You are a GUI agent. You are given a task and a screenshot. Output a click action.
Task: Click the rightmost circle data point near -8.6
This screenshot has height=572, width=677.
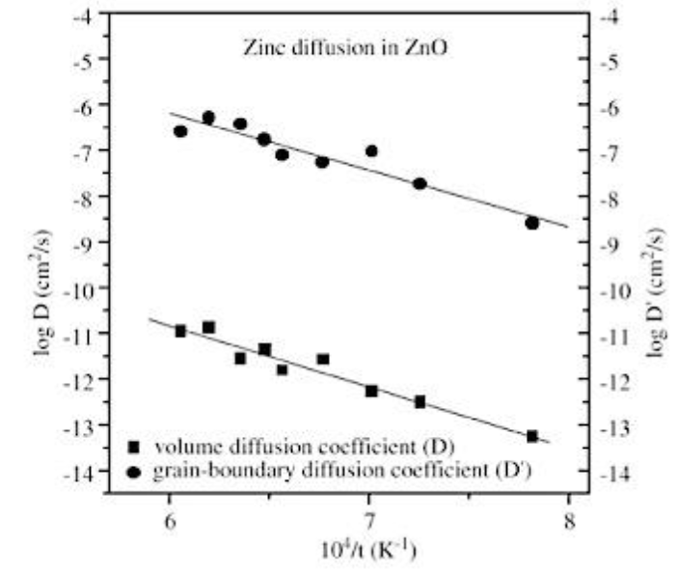point(532,223)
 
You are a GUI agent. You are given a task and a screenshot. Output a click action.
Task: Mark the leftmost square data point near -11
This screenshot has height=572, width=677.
point(180,331)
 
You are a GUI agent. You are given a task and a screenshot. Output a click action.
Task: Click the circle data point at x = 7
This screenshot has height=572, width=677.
point(371,150)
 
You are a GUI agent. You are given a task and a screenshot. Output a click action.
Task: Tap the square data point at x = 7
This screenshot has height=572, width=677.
point(371,391)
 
